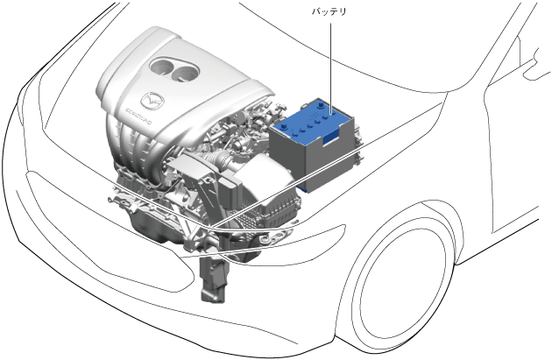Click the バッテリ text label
(x=329, y=11)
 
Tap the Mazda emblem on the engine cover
(x=152, y=101)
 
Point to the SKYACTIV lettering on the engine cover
(x=138, y=116)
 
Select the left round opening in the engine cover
(x=163, y=67)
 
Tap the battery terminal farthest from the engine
(x=321, y=104)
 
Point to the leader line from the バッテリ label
(x=330, y=68)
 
